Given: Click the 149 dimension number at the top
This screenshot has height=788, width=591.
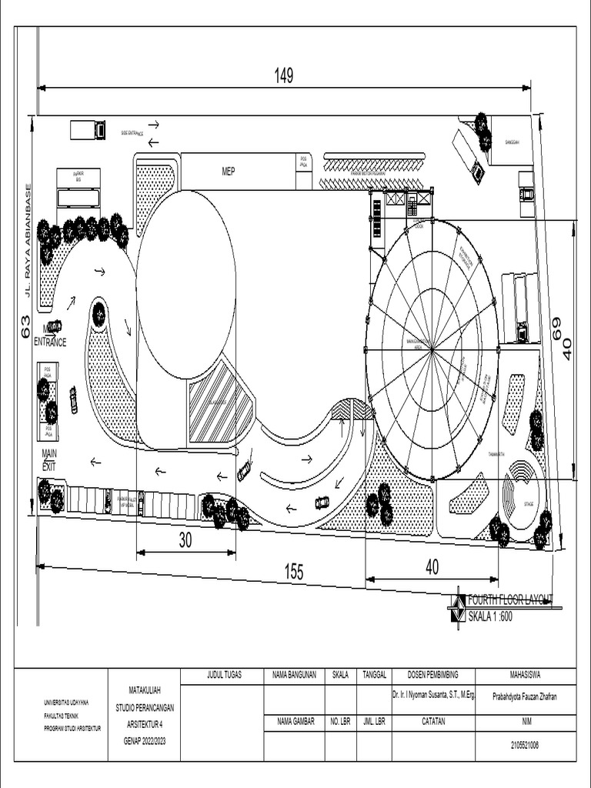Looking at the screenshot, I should (284, 75).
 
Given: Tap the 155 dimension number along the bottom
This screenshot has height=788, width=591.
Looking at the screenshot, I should (293, 572).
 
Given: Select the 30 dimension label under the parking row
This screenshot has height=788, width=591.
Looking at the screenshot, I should (185, 541).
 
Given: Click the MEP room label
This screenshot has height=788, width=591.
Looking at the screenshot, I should (229, 172).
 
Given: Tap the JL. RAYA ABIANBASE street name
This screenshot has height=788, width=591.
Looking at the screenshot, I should (28, 239).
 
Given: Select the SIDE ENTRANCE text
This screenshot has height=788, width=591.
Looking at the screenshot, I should (132, 133).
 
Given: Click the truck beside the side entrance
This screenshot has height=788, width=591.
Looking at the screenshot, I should (88, 130).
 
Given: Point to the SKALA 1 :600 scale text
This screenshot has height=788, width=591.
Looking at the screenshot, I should (490, 616).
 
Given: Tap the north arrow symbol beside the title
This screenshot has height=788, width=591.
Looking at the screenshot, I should (458, 607).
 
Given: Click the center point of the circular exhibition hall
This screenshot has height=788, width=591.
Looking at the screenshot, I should (432, 349).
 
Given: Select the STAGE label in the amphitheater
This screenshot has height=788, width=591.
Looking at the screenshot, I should (529, 506).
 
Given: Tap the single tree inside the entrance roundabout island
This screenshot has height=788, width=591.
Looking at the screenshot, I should (99, 314).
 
